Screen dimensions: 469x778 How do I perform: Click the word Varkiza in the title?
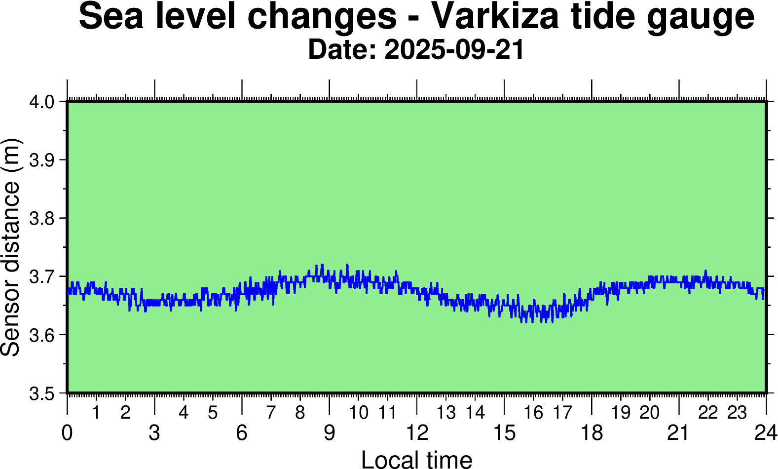point(495,16)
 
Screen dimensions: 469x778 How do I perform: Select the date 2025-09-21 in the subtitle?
point(454,50)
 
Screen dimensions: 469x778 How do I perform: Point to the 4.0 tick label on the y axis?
point(41,102)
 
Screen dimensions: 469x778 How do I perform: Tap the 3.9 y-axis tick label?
point(41,160)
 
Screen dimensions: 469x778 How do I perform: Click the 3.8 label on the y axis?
point(41,219)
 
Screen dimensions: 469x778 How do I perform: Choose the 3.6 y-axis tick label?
point(41,336)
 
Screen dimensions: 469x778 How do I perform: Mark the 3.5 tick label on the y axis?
point(41,394)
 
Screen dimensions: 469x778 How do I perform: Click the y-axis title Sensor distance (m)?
point(11,247)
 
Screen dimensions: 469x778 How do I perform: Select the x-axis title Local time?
point(417,459)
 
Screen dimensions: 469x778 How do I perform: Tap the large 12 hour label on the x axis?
point(417,433)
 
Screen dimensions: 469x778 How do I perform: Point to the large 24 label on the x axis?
point(765,433)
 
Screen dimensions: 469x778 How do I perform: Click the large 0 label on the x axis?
point(67,433)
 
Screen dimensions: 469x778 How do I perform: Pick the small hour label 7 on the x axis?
point(271,412)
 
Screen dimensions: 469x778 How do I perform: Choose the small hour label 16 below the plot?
point(533,412)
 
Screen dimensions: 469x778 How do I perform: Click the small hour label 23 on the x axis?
point(737,412)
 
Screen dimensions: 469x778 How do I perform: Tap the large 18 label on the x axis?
point(592,433)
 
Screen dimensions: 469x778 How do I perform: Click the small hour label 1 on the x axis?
point(96,412)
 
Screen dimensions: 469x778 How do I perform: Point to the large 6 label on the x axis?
point(242,433)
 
